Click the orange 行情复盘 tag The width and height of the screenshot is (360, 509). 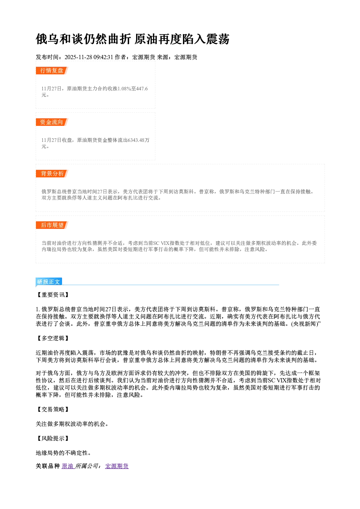pos(52,70)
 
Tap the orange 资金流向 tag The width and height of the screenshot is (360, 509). pos(52,122)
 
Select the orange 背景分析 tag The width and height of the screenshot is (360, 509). pos(52,174)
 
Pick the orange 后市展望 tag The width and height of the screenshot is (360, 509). pos(52,225)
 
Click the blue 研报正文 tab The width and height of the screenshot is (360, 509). pos(49,282)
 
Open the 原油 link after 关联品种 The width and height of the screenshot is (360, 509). pos(68,466)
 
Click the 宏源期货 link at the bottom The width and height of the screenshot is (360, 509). pos(117,466)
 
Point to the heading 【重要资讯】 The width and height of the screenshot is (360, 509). pos(53,295)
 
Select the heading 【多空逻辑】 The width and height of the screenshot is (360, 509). pos(53,338)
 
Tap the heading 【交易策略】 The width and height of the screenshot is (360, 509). pos(53,410)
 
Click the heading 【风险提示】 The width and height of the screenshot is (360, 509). pos(53,438)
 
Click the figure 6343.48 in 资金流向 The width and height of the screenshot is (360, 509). pos(136,140)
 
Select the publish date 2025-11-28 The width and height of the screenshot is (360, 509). pos(78,57)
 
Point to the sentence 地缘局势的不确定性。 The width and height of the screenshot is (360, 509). pos(64,453)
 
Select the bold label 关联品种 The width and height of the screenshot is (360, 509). pos(48,466)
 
